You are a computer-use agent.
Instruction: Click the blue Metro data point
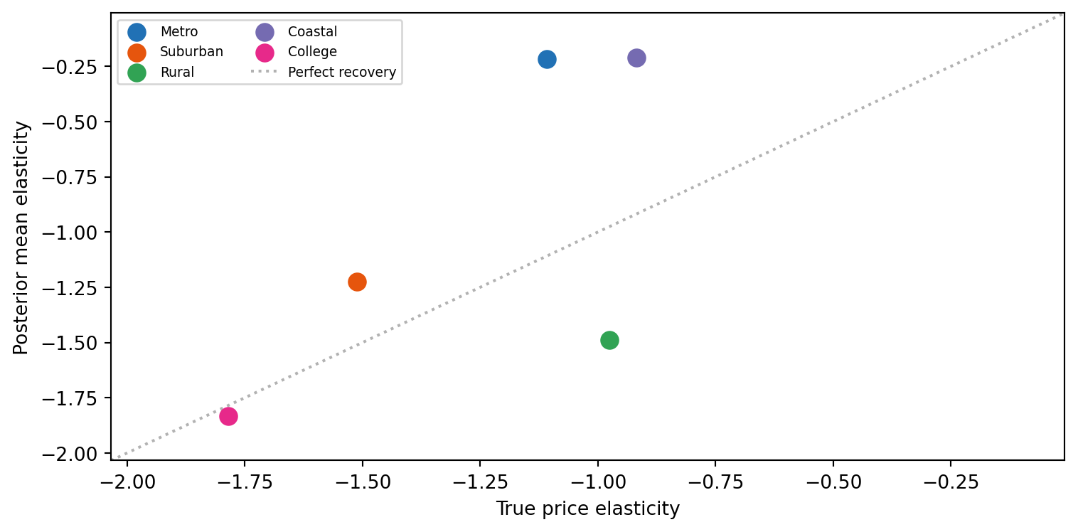(547, 60)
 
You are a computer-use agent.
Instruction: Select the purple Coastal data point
(636, 58)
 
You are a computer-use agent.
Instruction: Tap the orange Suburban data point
(357, 282)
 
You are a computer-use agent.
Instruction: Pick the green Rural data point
(609, 341)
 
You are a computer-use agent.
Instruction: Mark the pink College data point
(228, 416)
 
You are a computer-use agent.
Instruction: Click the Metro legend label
(179, 32)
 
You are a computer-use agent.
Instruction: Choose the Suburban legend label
(191, 51)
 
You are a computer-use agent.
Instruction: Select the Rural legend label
(177, 73)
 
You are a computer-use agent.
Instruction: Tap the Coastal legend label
(312, 32)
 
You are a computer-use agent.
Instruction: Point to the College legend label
(312, 51)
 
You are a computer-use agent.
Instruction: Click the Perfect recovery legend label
(342, 73)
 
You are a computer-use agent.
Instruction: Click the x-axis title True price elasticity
(587, 509)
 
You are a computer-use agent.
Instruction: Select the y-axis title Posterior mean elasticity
(21, 238)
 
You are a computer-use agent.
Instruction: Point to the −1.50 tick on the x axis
(363, 464)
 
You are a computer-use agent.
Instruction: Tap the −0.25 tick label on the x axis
(951, 482)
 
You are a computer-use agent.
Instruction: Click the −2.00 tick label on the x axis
(127, 482)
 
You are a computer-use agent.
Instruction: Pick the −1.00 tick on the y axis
(107, 233)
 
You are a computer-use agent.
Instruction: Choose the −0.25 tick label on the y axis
(70, 67)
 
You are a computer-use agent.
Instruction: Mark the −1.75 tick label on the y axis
(70, 399)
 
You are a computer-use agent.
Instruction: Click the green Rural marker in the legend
(137, 73)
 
